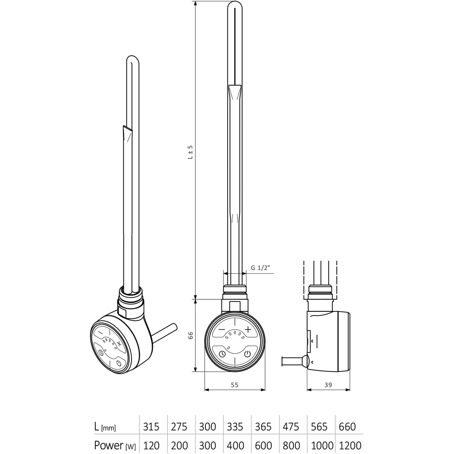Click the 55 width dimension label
pos(234,385)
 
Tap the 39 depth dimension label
pos(329,385)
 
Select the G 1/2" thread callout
pos(261,268)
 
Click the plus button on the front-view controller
pos(248,329)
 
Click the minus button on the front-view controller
pos(221,329)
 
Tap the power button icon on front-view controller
pos(247,354)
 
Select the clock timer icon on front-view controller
pos(222,354)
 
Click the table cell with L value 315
pos(152,427)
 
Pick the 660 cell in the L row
pos(347,427)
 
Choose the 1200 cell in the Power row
pos(349,445)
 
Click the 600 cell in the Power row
pos(263,445)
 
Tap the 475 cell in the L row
pos(291,427)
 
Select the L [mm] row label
pos(104,427)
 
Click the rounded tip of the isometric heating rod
pos(133,60)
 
